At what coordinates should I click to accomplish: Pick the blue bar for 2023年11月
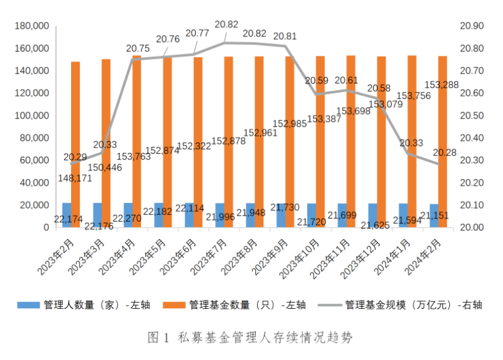click(342, 215)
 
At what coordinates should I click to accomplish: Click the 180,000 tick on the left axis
click(31, 26)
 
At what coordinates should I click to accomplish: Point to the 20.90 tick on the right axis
click(471, 26)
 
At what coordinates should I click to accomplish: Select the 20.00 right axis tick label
click(471, 227)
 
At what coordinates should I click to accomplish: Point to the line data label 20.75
click(137, 48)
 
